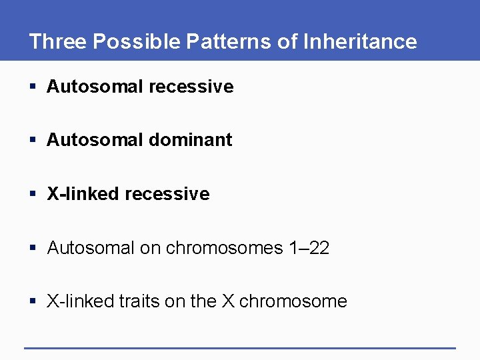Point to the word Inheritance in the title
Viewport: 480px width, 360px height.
(360, 41)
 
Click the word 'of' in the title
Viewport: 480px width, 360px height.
(288, 41)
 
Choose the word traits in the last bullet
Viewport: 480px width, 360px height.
(139, 301)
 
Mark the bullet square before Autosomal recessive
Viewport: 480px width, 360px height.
(33, 87)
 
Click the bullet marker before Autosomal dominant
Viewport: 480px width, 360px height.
(33, 141)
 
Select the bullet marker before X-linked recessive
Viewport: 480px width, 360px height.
(33, 195)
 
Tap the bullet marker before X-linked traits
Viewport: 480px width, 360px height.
(33, 302)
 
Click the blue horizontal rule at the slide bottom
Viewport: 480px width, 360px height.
(240, 347)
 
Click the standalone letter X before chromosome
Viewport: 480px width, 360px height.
(228, 301)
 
